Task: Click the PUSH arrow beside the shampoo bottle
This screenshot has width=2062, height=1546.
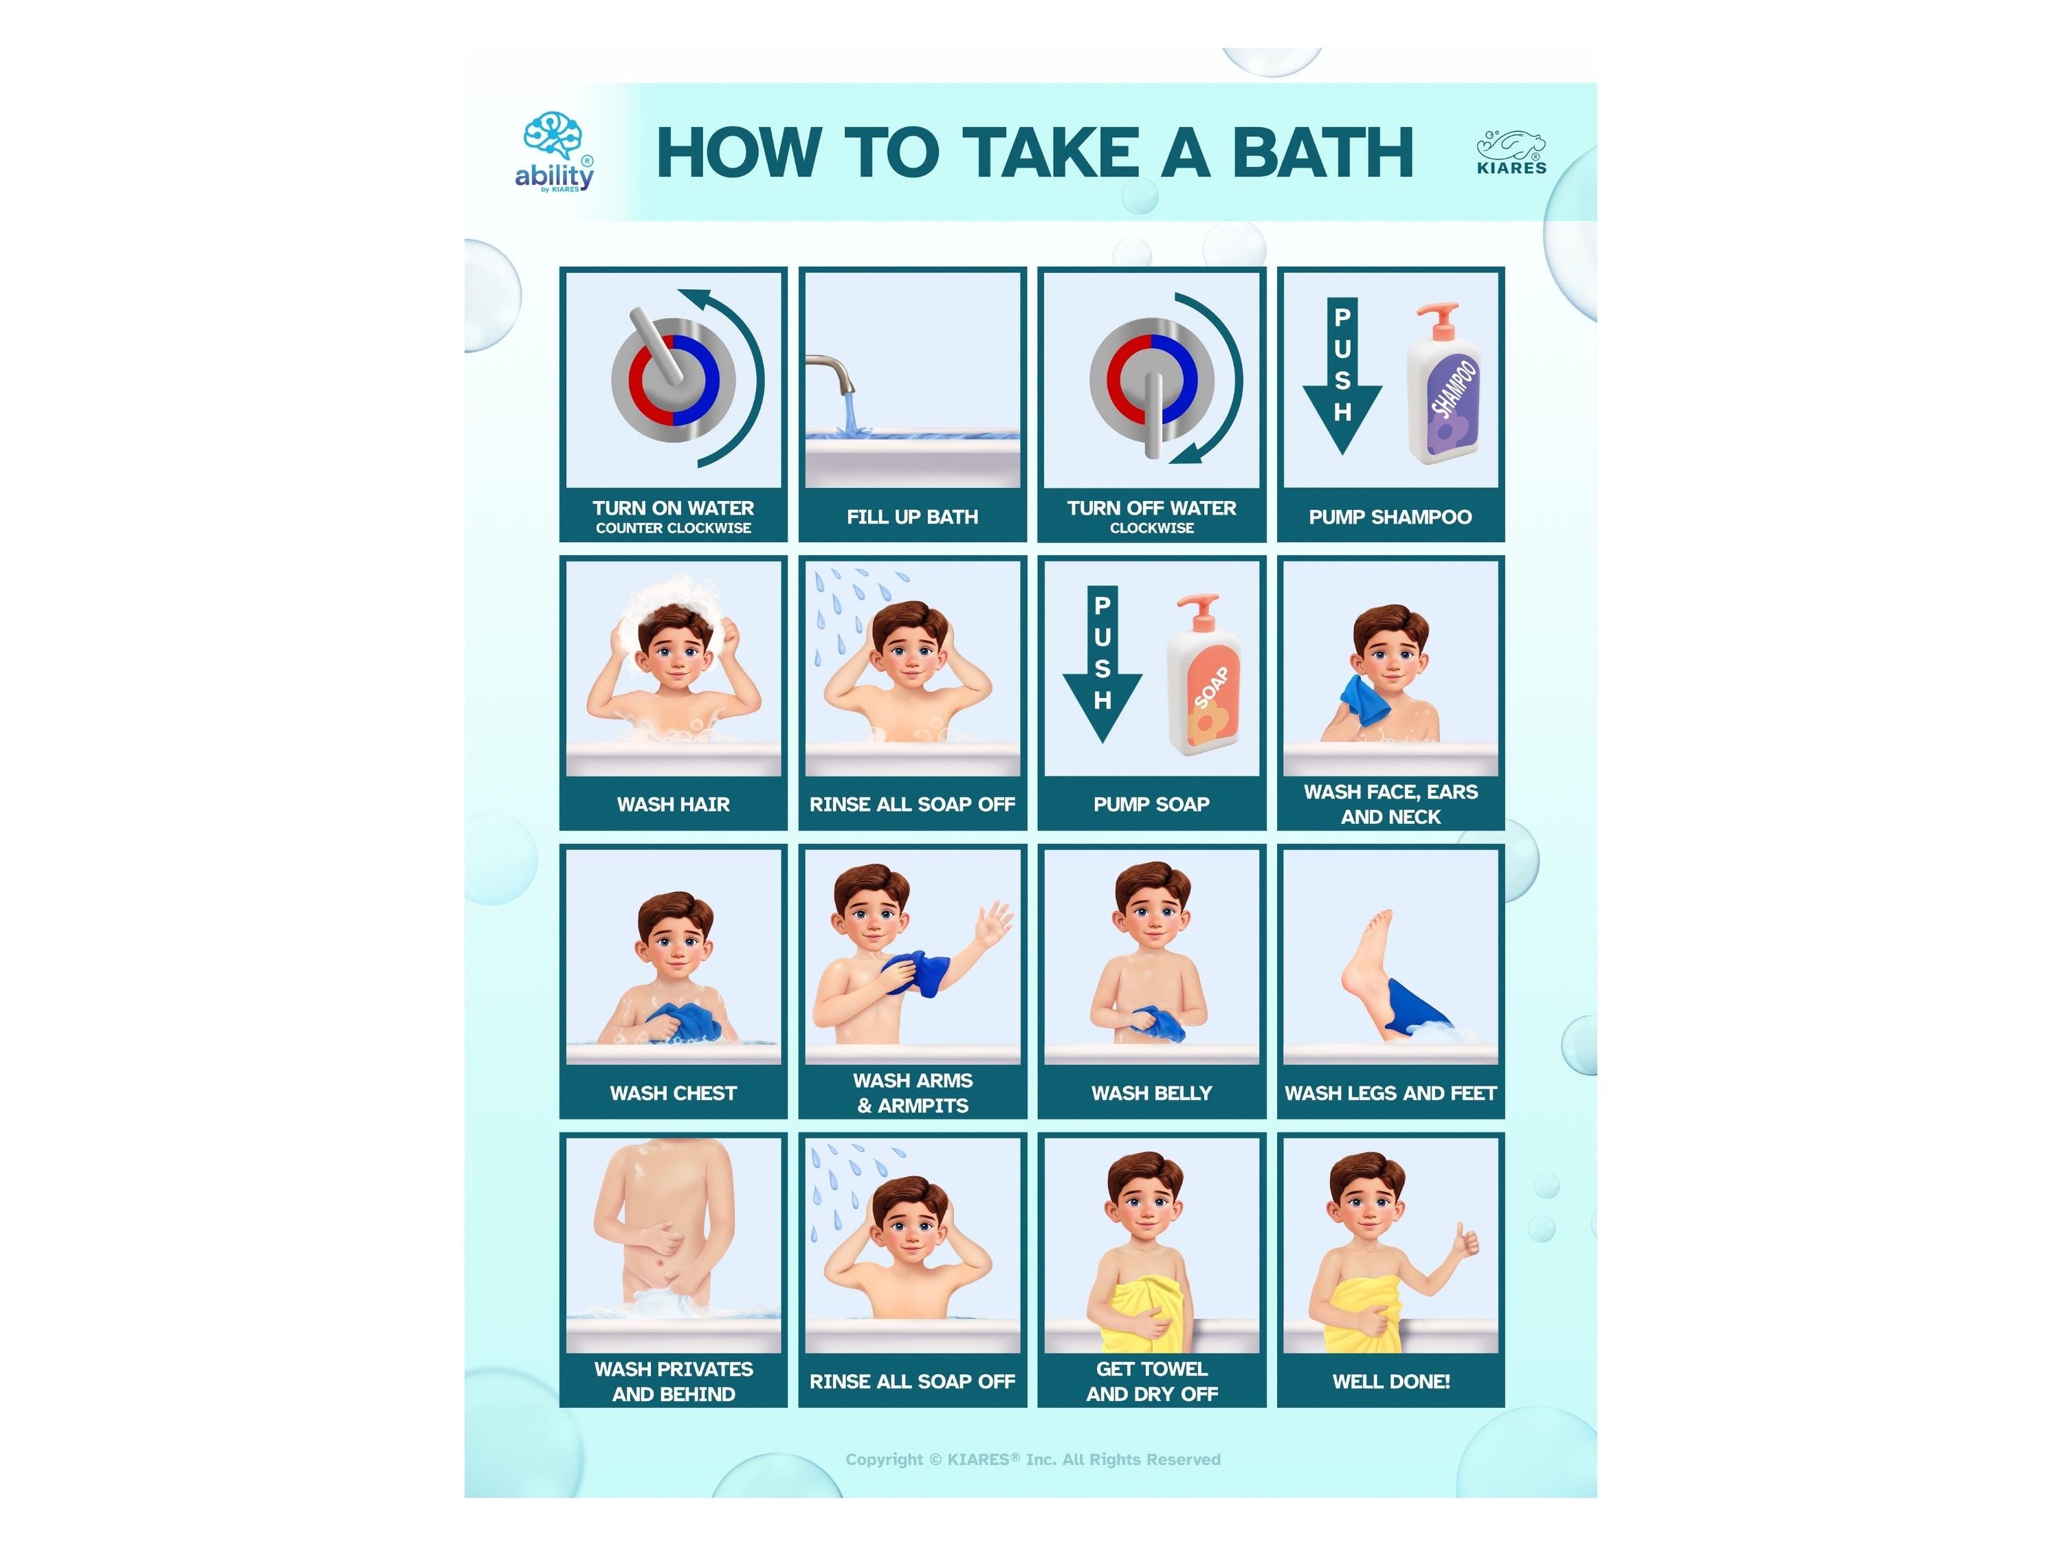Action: (x=1342, y=376)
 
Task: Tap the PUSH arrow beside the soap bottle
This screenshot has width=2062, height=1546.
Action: (x=1102, y=664)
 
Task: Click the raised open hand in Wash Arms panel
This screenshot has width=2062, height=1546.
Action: (x=994, y=923)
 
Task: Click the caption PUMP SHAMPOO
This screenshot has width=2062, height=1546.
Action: (x=1390, y=517)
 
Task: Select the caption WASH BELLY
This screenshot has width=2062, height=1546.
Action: (x=1151, y=1093)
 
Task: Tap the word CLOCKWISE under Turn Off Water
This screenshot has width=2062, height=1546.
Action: (x=1151, y=528)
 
